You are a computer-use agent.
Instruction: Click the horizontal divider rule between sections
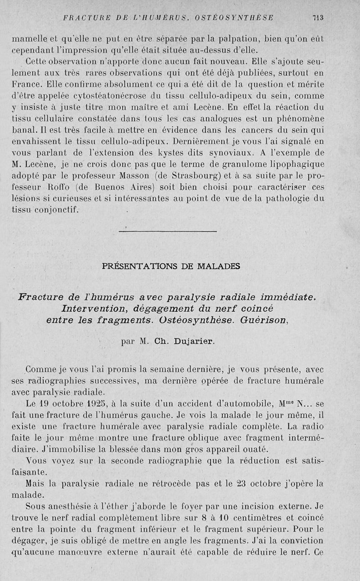[167, 232]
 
